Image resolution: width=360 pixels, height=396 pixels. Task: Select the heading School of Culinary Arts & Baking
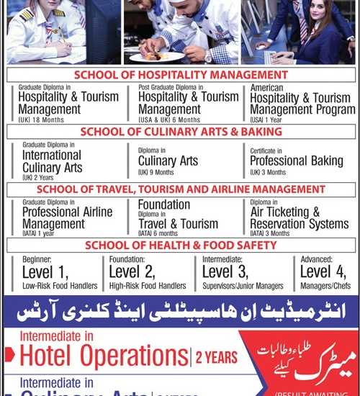181,132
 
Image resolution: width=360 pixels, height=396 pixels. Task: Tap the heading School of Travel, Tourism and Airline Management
180,189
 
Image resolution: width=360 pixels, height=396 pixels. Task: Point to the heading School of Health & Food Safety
180,246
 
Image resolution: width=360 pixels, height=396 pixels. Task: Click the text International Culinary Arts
51,162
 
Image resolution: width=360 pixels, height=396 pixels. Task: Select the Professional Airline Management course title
67,218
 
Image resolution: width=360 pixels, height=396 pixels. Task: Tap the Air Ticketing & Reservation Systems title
299,218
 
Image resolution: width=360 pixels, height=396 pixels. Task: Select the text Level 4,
324,272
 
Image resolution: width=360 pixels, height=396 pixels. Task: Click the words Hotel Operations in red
104,356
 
